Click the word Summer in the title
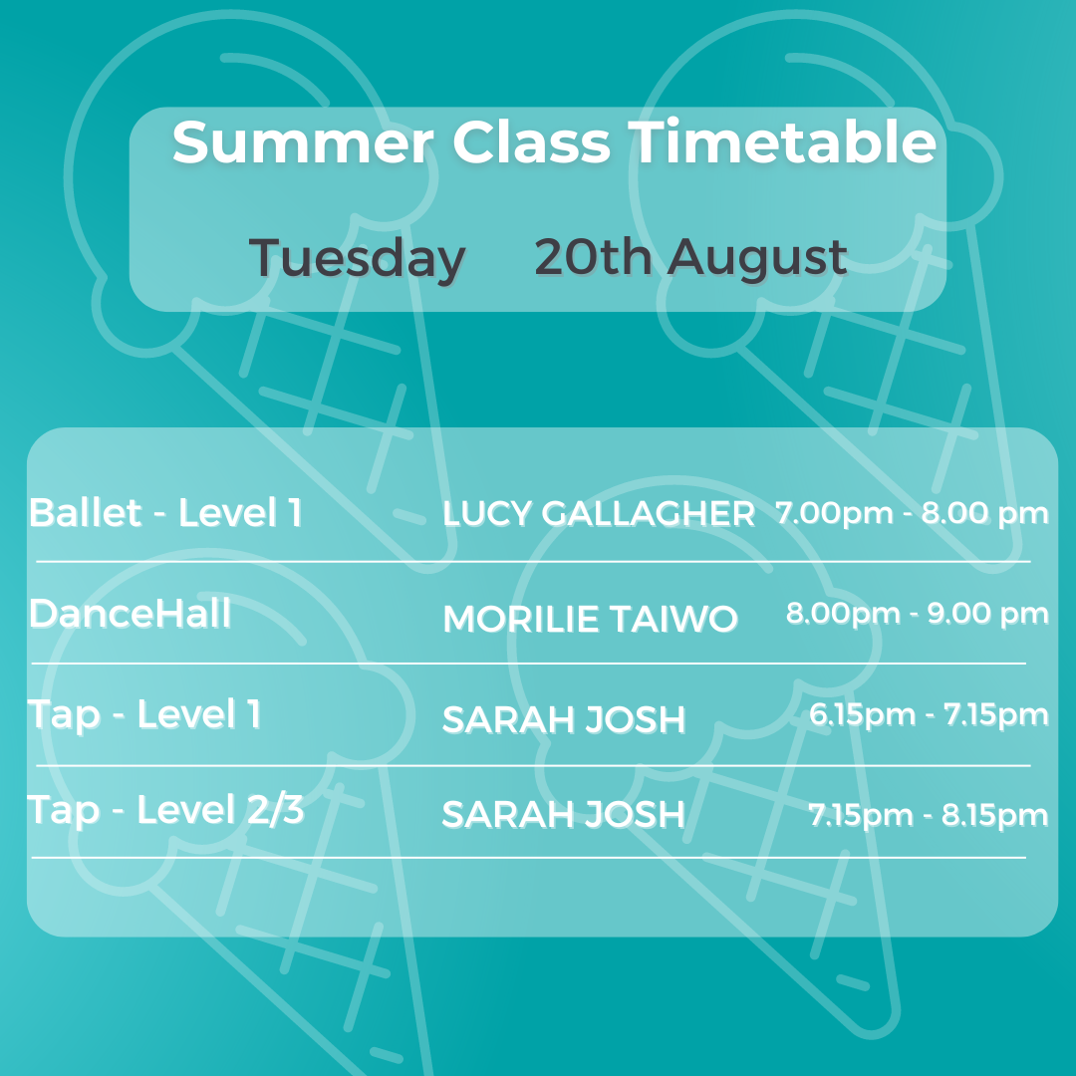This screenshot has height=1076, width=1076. click(x=303, y=142)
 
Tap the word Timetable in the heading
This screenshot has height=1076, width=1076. click(x=782, y=141)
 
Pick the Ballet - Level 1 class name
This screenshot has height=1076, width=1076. click(x=165, y=513)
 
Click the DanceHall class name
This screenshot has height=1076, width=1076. click(x=131, y=613)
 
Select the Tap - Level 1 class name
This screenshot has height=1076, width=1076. click(x=144, y=715)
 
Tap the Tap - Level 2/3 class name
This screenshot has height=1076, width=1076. click(x=165, y=810)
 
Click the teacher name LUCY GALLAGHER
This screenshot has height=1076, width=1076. click(x=599, y=514)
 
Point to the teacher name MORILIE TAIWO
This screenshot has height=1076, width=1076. click(x=590, y=619)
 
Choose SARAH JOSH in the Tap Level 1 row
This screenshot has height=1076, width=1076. click(x=564, y=720)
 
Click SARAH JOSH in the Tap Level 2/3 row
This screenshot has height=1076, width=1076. click(x=564, y=815)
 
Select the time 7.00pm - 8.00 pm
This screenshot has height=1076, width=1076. click(x=912, y=513)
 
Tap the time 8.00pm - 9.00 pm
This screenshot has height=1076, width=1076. click(x=918, y=614)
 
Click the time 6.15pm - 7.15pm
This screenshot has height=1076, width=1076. click(x=930, y=715)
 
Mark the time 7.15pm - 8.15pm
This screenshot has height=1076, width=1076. click(x=929, y=816)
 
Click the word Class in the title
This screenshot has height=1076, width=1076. click(x=531, y=142)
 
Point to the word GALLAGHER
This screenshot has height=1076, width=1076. click(x=649, y=514)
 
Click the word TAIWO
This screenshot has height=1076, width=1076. click(x=673, y=619)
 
